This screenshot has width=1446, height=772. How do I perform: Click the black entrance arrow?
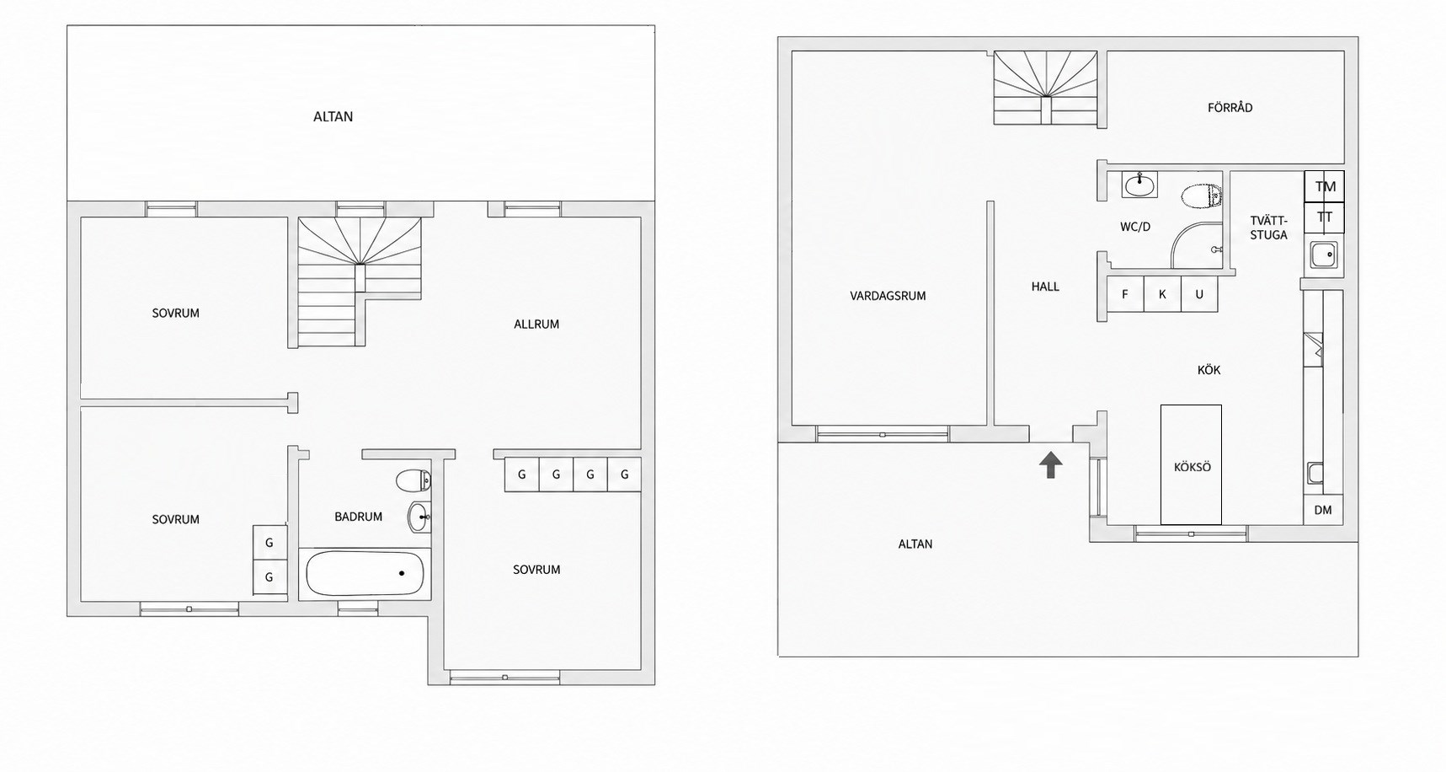click(1050, 464)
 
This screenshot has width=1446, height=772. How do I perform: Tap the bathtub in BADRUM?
click(365, 574)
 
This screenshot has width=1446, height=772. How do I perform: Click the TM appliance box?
click(1325, 187)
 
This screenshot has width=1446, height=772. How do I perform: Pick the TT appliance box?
click(1325, 217)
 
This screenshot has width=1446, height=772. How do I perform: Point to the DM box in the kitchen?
click(1323, 510)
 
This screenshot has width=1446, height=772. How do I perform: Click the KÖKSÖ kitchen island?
click(1191, 464)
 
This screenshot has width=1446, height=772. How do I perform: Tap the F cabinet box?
click(1125, 294)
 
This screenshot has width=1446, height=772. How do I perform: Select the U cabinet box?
click(1199, 294)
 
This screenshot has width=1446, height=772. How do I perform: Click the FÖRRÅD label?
click(1230, 108)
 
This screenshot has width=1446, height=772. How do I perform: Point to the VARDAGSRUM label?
click(888, 296)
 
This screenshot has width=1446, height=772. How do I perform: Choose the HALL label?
click(1045, 287)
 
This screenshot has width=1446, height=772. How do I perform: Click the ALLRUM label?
click(536, 324)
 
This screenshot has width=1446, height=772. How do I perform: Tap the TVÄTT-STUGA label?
click(1268, 228)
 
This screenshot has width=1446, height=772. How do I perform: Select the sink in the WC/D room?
click(1139, 185)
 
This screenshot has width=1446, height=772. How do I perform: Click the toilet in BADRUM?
click(414, 480)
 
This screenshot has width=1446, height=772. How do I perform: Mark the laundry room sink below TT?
click(1323, 254)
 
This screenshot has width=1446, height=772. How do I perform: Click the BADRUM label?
click(358, 517)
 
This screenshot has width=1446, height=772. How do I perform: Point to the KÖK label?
click(1209, 370)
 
